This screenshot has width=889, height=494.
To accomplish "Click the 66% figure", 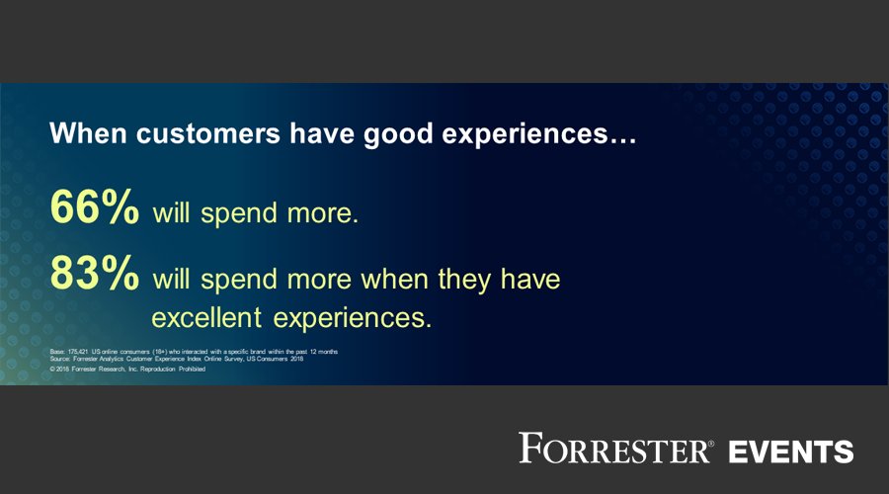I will coord(94,210).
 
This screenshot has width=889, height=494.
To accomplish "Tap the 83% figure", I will coord(94,277).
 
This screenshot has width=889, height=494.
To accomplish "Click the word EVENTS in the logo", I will coord(790,451).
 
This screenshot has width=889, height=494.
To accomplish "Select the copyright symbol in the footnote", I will coord(51,369).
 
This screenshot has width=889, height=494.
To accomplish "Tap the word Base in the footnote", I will coord(56,352).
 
